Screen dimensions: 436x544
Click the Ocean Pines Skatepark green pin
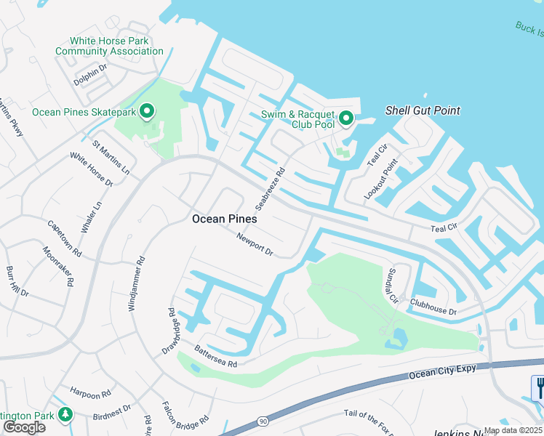click(x=147, y=112)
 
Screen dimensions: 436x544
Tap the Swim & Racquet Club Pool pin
click(x=346, y=118)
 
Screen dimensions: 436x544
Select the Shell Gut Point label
click(x=423, y=110)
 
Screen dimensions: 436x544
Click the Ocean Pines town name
click(x=224, y=218)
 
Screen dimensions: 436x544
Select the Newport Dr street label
click(x=255, y=244)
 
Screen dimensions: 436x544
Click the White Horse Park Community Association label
click(x=109, y=47)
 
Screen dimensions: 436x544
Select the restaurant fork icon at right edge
click(x=538, y=387)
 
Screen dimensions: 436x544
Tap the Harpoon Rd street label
click(x=91, y=393)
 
